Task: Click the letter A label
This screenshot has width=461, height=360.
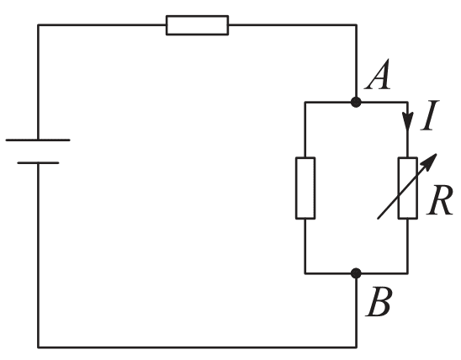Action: tap(378, 74)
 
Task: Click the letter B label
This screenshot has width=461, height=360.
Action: tap(379, 302)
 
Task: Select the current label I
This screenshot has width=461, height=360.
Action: tap(430, 115)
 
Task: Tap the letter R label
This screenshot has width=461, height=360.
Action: tap(440, 200)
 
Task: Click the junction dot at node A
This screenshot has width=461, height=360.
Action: tap(356, 102)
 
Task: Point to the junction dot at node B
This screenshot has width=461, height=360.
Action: tap(356, 273)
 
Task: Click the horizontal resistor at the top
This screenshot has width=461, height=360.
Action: tap(198, 25)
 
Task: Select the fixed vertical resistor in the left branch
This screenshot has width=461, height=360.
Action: tap(305, 188)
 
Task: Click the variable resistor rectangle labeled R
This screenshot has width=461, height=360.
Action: tap(407, 188)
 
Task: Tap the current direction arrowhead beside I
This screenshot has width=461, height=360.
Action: tap(407, 120)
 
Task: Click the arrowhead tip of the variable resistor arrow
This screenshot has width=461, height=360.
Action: tap(437, 154)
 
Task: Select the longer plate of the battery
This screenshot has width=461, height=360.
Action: tap(38, 140)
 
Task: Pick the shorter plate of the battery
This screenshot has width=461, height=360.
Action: tap(38, 162)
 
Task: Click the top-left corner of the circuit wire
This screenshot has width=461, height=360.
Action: tap(38, 25)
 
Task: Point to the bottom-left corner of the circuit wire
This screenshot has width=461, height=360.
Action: tap(38, 347)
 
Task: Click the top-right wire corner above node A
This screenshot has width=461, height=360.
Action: tap(357, 25)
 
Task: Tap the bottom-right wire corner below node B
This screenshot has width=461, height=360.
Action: tap(357, 347)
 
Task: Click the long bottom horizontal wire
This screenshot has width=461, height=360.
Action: tap(197, 347)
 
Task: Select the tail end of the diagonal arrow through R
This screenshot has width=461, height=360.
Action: tap(378, 219)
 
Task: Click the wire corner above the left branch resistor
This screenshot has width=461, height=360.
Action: tap(305, 103)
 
